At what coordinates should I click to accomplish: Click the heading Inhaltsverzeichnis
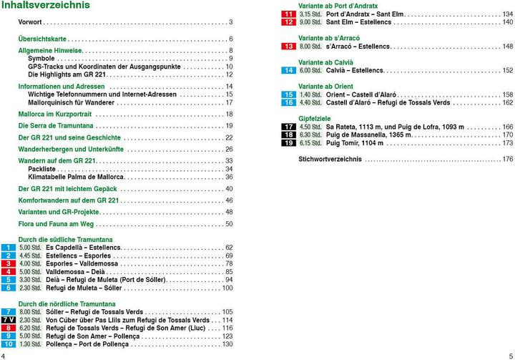pyautogui.click(x=45, y=6)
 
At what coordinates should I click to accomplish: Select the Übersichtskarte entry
pyautogui.click(x=42, y=39)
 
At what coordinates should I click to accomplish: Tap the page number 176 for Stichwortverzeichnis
pyautogui.click(x=507, y=159)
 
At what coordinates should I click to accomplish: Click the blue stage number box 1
pyautogui.click(x=9, y=248)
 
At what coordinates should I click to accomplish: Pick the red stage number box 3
pyautogui.click(x=9, y=264)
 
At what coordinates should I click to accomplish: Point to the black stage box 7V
pyautogui.click(x=9, y=320)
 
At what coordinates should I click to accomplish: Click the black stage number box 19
pyautogui.click(x=288, y=143)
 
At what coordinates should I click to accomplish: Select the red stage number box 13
pyautogui.click(x=288, y=47)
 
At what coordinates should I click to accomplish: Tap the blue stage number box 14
pyautogui.click(x=288, y=71)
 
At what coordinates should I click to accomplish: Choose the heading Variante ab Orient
pyautogui.click(x=325, y=87)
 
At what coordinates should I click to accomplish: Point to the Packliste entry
pyautogui.click(x=42, y=170)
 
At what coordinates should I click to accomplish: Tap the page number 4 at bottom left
pyautogui.click(x=4, y=355)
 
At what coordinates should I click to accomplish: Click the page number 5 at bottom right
pyautogui.click(x=510, y=355)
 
